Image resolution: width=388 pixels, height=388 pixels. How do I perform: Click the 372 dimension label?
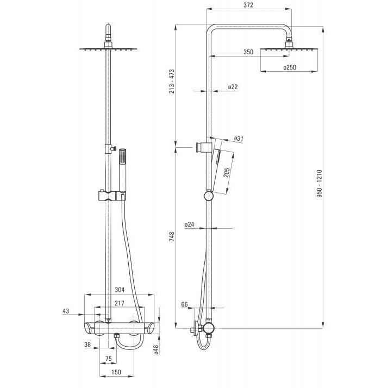click(248, 5)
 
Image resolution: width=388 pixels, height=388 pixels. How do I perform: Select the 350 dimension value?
click(248, 52)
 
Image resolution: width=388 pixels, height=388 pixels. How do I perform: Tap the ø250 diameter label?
click(290, 67)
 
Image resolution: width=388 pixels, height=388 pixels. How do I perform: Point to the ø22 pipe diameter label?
click(233, 87)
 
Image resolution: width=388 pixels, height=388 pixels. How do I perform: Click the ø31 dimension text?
click(239, 139)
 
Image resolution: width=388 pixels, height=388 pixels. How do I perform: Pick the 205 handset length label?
click(227, 172)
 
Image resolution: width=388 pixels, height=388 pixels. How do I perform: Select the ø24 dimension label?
click(189, 224)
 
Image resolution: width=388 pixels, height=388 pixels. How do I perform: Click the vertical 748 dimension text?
click(172, 237)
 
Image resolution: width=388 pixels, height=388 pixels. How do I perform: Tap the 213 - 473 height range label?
click(172, 82)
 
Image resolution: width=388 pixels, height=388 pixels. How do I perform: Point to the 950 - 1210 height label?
click(320, 183)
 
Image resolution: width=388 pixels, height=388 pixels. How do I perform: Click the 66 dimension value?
click(185, 304)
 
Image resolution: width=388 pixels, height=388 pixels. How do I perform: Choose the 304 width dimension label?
click(120, 290)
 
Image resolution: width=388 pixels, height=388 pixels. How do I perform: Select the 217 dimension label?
click(119, 303)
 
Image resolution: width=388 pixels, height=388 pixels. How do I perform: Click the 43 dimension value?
click(66, 311)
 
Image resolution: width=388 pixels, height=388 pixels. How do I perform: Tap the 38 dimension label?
click(87, 345)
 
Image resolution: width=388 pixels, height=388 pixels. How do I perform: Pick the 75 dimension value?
click(108, 359)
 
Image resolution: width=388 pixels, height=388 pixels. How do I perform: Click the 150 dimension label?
click(116, 372)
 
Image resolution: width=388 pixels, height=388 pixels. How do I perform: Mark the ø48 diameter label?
click(156, 349)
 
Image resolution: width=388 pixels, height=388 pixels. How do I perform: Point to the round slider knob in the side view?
click(209, 196)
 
